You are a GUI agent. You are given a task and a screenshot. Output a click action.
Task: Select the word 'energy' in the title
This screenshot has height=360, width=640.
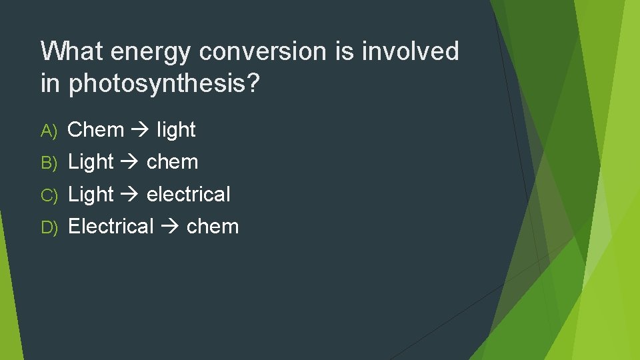(151, 52)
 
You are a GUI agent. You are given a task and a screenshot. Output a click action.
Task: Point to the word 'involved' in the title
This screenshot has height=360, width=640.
(411, 51)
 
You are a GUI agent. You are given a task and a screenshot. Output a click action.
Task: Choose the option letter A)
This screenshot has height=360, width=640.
(51, 130)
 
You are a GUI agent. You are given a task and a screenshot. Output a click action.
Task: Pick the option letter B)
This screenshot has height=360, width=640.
(51, 163)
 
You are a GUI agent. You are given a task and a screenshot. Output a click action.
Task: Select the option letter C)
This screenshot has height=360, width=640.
(51, 195)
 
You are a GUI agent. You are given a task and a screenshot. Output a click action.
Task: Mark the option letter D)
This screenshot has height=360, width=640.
(51, 227)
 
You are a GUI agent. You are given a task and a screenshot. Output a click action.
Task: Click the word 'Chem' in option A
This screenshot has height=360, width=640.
(96, 129)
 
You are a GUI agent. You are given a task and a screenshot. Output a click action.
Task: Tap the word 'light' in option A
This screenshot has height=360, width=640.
(176, 129)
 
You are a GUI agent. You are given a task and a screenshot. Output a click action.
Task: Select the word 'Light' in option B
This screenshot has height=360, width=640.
(91, 162)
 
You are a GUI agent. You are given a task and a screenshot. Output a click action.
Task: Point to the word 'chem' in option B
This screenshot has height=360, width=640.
(172, 162)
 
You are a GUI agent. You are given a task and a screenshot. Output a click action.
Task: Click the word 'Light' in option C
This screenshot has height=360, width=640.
(91, 194)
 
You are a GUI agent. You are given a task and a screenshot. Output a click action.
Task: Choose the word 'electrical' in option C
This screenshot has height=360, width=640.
(188, 194)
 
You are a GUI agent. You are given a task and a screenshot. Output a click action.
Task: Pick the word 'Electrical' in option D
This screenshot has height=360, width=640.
(111, 226)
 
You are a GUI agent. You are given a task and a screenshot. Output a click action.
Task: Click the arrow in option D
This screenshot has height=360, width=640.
(170, 227)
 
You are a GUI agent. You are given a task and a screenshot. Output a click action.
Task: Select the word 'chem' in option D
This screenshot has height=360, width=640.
(213, 226)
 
